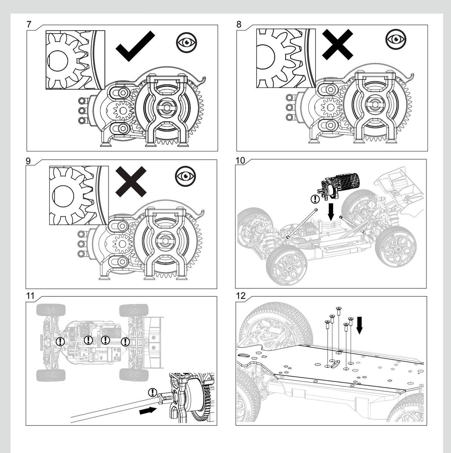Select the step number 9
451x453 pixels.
pyautogui.click(x=28, y=160)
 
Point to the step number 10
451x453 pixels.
pyautogui.click(x=240, y=160)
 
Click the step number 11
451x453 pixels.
pyautogui.click(x=30, y=296)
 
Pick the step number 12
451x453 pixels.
pyautogui.click(x=240, y=296)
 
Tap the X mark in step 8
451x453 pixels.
pyautogui.click(x=337, y=45)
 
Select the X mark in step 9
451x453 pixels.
pyautogui.click(x=131, y=182)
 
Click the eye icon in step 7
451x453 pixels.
pyautogui.click(x=186, y=42)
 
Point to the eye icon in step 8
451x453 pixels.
pyautogui.click(x=396, y=39)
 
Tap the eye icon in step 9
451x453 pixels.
pyautogui.click(x=185, y=176)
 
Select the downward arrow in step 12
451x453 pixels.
pyautogui.click(x=359, y=325)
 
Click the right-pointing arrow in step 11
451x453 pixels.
pyautogui.click(x=147, y=410)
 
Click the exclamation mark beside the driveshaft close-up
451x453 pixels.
pyautogui.click(x=152, y=392)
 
